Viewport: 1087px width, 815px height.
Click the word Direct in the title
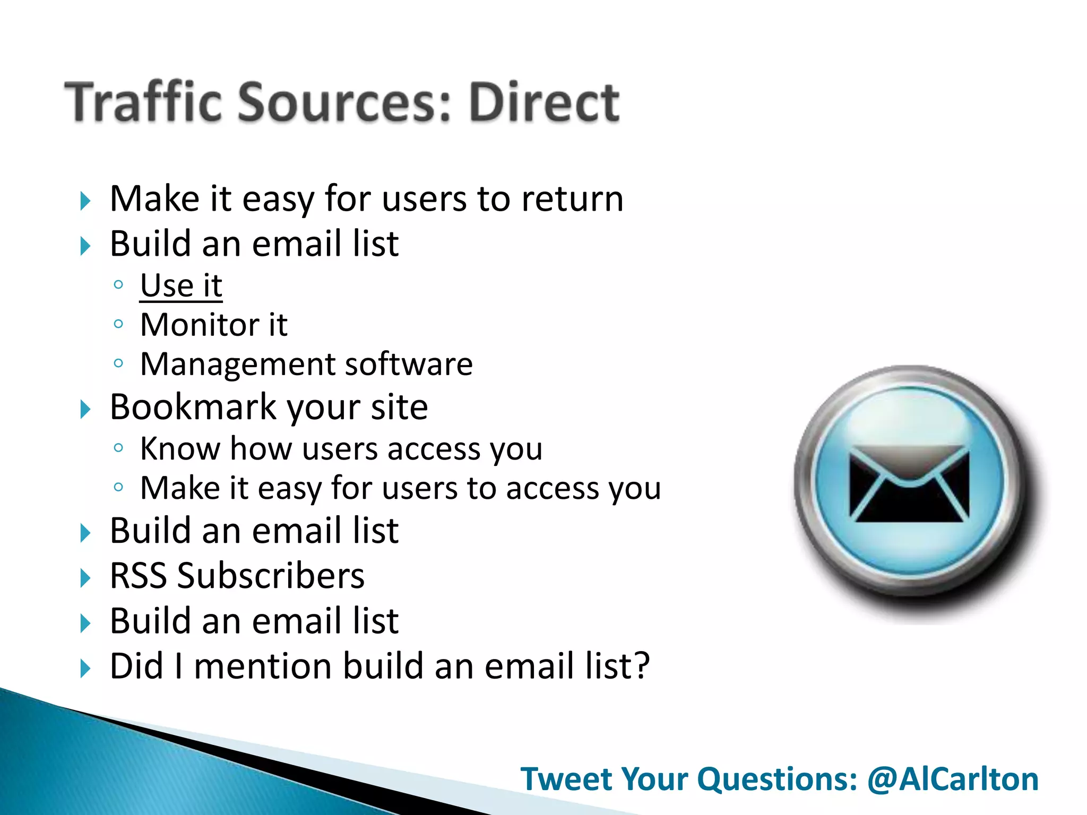click(544, 102)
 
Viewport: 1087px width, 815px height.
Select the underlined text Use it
click(181, 286)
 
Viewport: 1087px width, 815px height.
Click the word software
click(409, 365)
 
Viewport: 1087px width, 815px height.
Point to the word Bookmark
click(193, 407)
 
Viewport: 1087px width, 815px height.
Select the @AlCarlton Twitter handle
click(953, 779)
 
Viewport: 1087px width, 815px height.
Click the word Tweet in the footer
click(567, 779)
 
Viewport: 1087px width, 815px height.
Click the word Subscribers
click(271, 576)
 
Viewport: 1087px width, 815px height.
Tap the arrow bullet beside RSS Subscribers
click(85, 578)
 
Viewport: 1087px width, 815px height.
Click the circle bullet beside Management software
click(118, 363)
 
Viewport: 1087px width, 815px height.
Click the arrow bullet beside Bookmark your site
click(85, 409)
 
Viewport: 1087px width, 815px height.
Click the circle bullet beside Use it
click(118, 284)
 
